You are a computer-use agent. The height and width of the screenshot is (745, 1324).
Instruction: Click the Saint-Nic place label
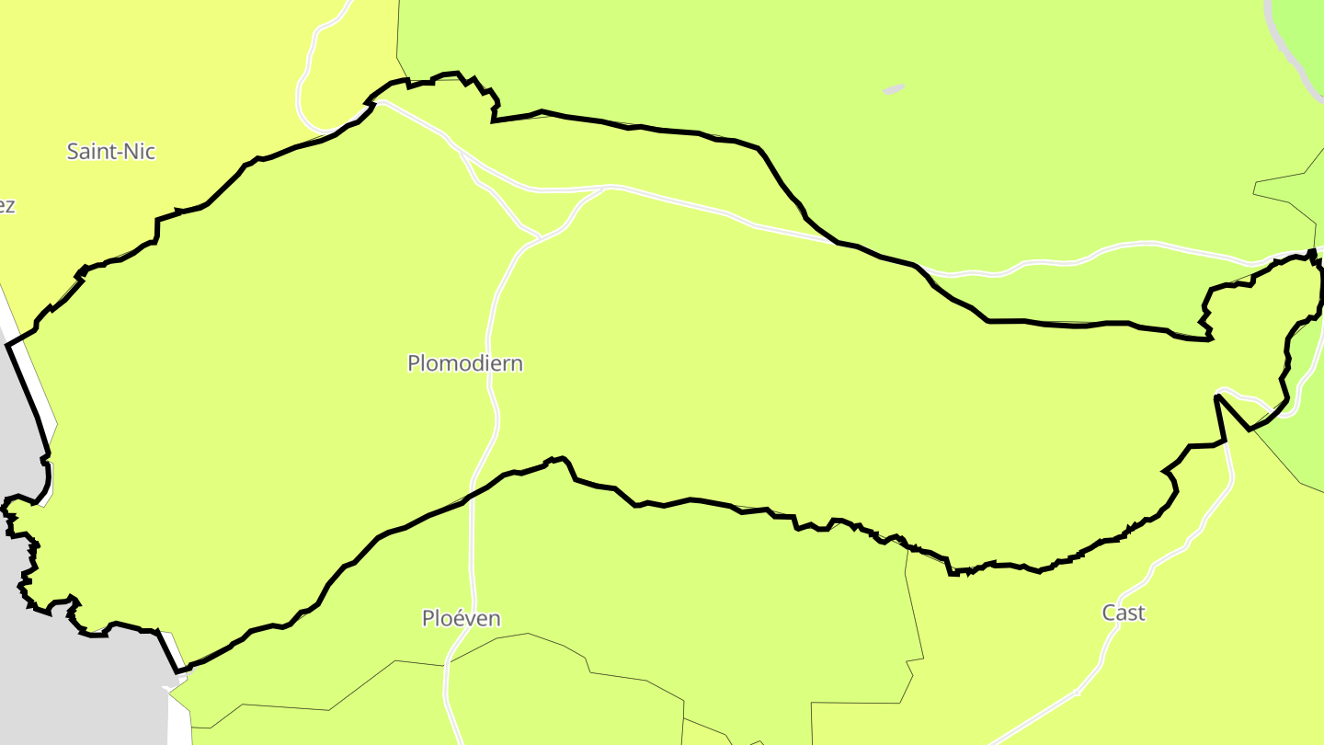click(x=111, y=152)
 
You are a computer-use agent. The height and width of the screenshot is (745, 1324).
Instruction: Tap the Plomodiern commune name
click(x=465, y=363)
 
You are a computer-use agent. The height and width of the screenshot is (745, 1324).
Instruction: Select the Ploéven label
click(x=462, y=618)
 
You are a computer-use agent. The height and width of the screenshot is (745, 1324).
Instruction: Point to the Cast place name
click(x=1124, y=613)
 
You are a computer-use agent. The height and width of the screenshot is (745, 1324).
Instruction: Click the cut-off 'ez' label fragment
click(x=6, y=205)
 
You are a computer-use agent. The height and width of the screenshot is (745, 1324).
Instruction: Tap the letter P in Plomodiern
click(x=414, y=363)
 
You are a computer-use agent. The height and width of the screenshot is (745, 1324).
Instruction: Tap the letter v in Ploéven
click(x=472, y=619)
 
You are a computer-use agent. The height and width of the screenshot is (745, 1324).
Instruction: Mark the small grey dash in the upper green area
click(x=894, y=89)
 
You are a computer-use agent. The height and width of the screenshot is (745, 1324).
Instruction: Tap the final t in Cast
click(x=1141, y=613)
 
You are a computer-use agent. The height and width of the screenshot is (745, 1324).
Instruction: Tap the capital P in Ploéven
click(x=428, y=618)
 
